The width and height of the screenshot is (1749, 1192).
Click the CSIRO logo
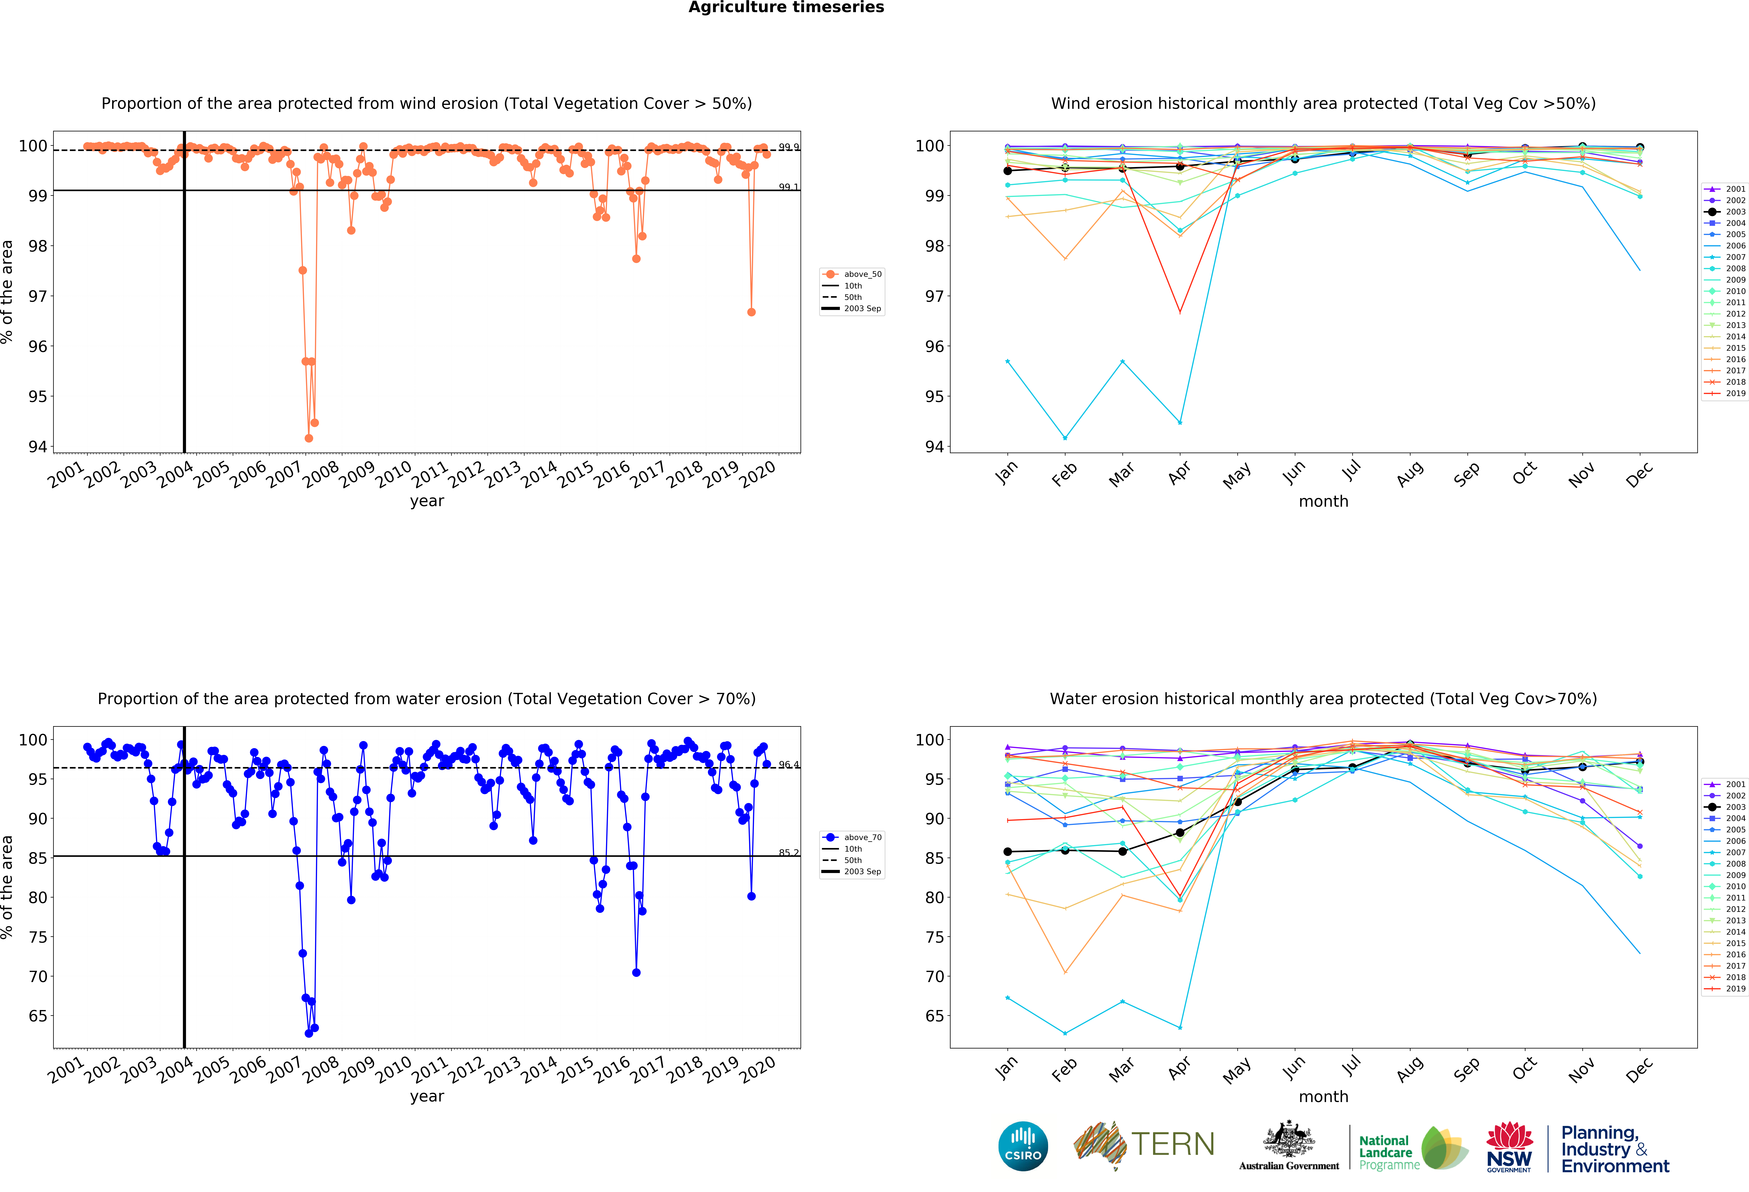[x=1023, y=1146]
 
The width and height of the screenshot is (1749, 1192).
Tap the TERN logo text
[x=1173, y=1145]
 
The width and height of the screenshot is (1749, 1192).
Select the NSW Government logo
[x=1509, y=1147]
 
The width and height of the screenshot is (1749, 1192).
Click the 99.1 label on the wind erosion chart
[x=788, y=187]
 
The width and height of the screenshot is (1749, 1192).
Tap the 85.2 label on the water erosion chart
[x=788, y=853]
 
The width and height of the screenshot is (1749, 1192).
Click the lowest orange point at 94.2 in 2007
[x=309, y=438]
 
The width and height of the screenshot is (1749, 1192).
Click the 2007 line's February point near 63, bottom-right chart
[x=1065, y=1033]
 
